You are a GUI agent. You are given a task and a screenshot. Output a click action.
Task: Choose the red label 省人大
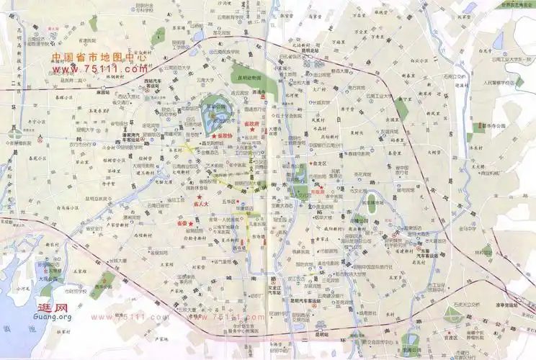pyautogui.click(x=202, y=204)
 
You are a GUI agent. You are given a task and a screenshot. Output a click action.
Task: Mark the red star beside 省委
pyautogui.click(x=190, y=223)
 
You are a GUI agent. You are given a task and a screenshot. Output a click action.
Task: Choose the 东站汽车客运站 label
pyautogui.click(x=429, y=253)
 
